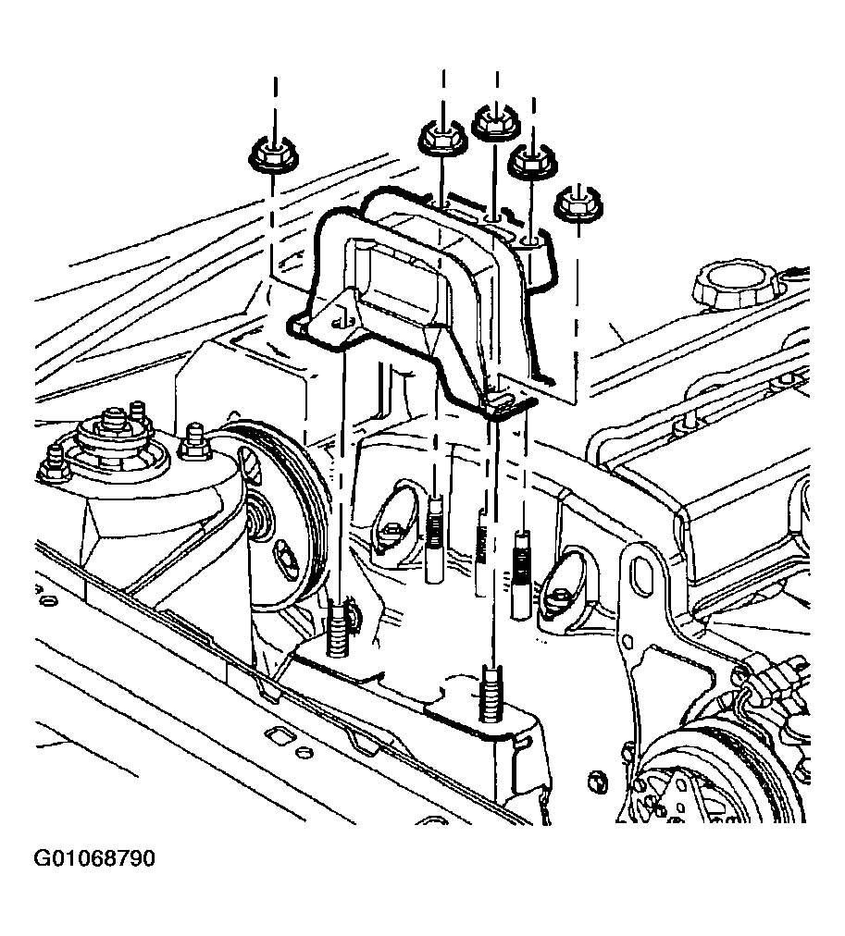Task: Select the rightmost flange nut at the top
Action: (x=578, y=204)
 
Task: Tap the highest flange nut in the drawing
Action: (x=496, y=122)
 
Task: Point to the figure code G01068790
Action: (x=94, y=858)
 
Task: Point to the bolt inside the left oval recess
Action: (x=391, y=528)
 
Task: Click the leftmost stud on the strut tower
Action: (x=55, y=463)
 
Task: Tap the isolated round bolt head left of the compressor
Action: (x=596, y=781)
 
